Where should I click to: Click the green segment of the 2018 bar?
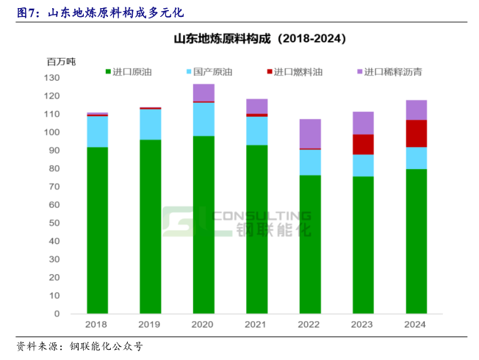97,230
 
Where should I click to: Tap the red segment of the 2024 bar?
416,134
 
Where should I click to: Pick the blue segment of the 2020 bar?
204,119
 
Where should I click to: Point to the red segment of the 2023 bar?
363,145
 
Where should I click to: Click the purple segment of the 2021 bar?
256,106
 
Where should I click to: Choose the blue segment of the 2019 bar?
151,124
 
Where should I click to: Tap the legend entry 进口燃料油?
293,72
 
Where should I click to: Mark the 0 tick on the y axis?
57,314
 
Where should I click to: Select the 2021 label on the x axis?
256,324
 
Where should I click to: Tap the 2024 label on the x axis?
416,324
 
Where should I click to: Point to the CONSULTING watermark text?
261,215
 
